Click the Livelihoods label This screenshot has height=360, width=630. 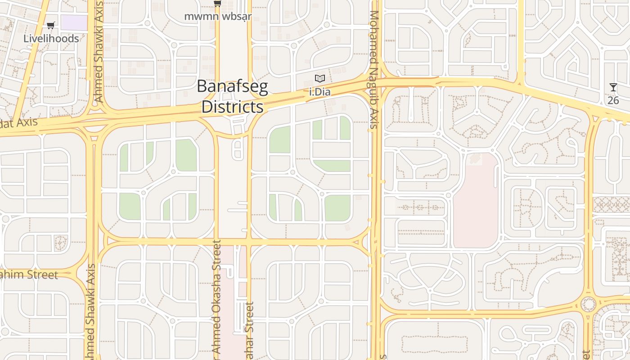51,39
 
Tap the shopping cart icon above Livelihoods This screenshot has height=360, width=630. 51,26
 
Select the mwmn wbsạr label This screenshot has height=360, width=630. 218,17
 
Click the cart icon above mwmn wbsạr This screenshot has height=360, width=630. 217,4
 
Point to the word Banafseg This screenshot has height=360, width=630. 232,87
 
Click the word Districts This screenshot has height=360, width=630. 232,107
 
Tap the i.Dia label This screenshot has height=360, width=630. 320,92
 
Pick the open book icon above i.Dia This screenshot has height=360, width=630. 320,79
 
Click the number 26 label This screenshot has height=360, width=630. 613,100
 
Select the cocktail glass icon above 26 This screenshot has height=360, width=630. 613,87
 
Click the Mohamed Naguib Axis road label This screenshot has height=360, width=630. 373,70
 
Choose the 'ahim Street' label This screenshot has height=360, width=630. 29,275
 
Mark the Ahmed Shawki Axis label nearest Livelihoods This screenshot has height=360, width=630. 99,52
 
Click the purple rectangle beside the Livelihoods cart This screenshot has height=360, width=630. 74,22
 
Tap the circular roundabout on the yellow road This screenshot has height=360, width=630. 588,305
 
